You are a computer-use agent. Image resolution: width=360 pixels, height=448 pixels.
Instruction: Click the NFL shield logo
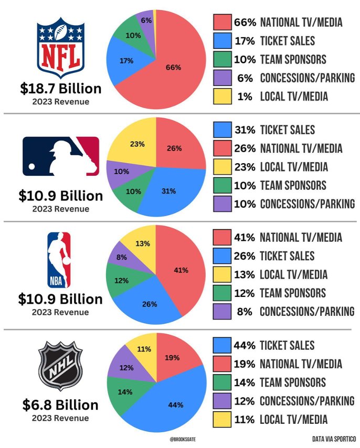(x=60, y=48)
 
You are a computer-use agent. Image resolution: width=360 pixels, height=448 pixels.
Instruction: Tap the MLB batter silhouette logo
(x=60, y=156)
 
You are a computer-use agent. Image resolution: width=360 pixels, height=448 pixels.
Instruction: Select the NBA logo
(x=58, y=260)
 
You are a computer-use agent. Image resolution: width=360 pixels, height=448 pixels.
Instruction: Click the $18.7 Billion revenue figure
(x=61, y=88)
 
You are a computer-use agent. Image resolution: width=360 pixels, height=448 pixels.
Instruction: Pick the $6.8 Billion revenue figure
(x=60, y=405)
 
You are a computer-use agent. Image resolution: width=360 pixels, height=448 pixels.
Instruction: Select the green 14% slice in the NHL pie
(x=124, y=391)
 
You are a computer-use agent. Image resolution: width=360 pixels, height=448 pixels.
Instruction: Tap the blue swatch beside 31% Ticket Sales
(x=223, y=130)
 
